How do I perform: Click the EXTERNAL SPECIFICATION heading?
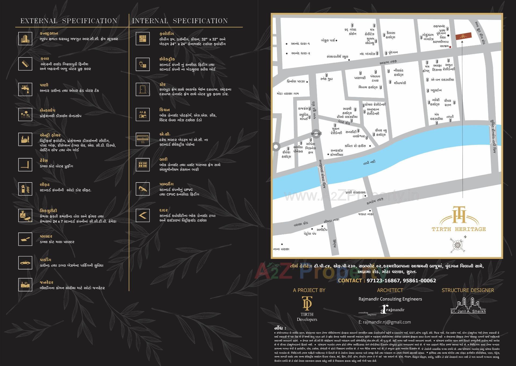coord(69,21)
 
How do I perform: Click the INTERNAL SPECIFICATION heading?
coord(180,21)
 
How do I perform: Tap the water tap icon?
coord(25,89)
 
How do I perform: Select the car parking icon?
coord(25,262)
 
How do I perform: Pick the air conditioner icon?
coord(142,138)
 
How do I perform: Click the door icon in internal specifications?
coord(142,89)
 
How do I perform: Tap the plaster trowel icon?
coord(25,239)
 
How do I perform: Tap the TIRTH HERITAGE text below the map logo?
coord(459,229)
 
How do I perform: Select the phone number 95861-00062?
coord(419,280)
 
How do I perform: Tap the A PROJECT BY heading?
coord(309,290)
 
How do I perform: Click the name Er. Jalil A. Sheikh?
coord(468,311)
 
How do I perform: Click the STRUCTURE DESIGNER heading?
coord(468,290)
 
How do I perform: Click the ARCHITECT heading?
coord(390,290)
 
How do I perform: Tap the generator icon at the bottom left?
coord(25,285)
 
